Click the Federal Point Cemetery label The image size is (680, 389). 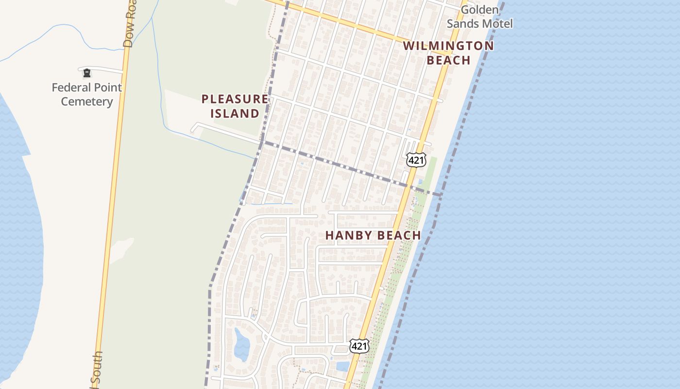pyautogui.click(x=87, y=94)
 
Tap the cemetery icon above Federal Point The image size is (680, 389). pyautogui.click(x=87, y=73)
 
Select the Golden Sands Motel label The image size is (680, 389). pyautogui.click(x=479, y=17)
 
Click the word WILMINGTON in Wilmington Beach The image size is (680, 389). pyautogui.click(x=448, y=46)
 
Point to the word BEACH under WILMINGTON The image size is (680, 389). pyautogui.click(x=448, y=60)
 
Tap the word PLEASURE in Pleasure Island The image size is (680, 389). pyautogui.click(x=235, y=99)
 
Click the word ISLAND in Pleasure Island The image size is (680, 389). pyautogui.click(x=235, y=114)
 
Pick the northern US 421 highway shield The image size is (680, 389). pyautogui.click(x=416, y=160)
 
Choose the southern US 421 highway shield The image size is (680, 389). pyautogui.click(x=359, y=346)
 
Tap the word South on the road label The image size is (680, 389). pyautogui.click(x=97, y=370)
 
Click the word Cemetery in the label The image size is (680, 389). pyautogui.click(x=87, y=102)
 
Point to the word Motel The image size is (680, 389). pyautogui.click(x=496, y=23)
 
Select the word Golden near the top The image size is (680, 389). pyautogui.click(x=479, y=10)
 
